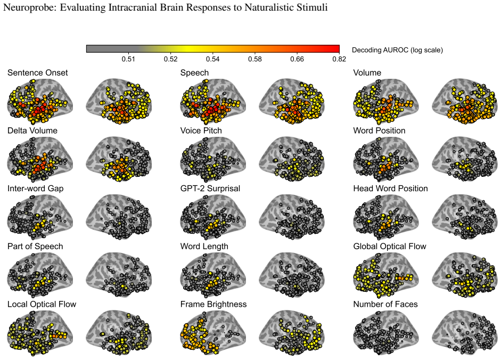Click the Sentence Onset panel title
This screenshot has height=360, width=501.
coord(38,73)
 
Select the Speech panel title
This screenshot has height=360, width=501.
coord(194,73)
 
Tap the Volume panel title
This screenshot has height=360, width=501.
coord(367,73)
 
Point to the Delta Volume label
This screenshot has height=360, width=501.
coord(32,130)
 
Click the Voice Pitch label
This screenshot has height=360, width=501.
coord(201,130)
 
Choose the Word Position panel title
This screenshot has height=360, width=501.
coord(379,130)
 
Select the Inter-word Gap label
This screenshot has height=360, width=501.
coord(36,189)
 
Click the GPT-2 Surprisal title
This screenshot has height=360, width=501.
coord(210,189)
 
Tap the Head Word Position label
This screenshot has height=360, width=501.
coord(390,189)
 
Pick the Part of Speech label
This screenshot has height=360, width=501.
coord(35,247)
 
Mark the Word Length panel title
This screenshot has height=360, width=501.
coord(204,247)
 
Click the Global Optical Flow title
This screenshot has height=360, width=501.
coord(390,247)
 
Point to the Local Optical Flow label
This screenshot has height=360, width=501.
coord(42,305)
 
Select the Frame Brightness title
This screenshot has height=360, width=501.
coord(213,305)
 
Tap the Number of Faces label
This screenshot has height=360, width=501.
coord(385,305)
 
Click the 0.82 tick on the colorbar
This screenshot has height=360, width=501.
coord(339,59)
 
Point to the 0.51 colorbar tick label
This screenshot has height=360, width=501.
coord(128,59)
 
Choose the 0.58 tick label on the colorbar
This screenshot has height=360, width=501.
coord(255,59)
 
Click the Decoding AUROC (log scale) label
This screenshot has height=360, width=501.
coord(398,50)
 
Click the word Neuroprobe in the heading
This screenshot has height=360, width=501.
coord(29,7)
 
